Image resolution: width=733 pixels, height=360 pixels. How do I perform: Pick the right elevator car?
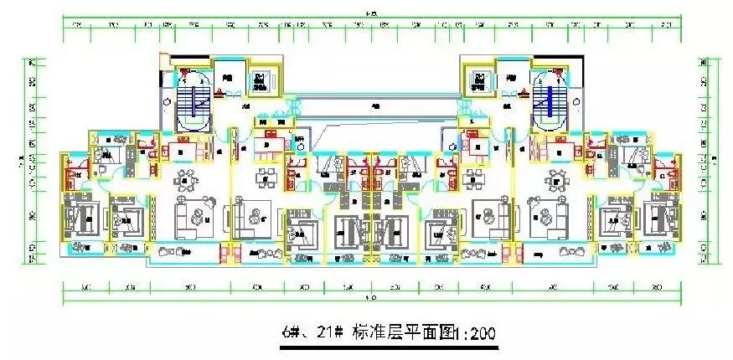(x=478, y=80)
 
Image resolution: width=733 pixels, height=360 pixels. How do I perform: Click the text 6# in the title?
(x=292, y=333)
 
